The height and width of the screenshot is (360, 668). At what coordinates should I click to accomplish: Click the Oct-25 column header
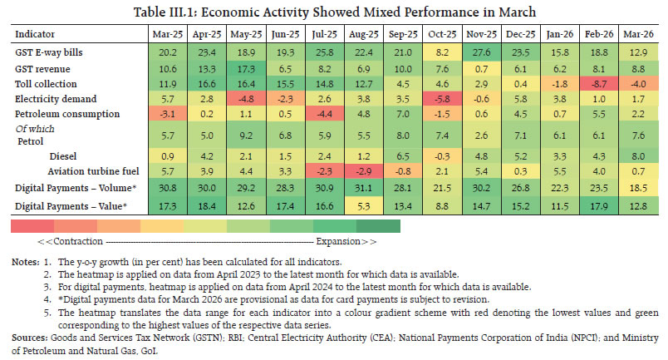(x=442, y=34)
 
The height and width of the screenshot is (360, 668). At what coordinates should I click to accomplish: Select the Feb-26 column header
(x=599, y=34)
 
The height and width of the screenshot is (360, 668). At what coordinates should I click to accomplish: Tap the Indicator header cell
(x=35, y=34)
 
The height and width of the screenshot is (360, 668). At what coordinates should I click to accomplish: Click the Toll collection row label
(x=46, y=84)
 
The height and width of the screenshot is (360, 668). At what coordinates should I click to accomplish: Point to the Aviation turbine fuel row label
(x=93, y=171)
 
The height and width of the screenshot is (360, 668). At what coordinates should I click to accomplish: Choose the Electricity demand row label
(x=56, y=99)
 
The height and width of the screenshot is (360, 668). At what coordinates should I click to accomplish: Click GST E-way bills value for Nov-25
(x=481, y=52)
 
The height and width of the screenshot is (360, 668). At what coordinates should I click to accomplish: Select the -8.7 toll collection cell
(x=599, y=84)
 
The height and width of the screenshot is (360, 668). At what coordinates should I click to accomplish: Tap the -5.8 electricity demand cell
(x=442, y=99)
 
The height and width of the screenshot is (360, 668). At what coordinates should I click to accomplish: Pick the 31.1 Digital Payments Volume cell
(x=363, y=188)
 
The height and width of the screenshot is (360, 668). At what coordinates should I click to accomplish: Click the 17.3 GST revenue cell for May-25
(x=246, y=69)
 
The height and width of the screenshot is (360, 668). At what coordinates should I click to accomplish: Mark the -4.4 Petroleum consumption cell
(x=324, y=114)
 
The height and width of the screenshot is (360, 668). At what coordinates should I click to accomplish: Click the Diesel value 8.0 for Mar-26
(x=638, y=156)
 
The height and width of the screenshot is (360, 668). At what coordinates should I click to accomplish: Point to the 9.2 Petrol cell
(x=246, y=136)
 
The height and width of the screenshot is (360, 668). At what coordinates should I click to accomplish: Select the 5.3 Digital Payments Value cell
(x=363, y=206)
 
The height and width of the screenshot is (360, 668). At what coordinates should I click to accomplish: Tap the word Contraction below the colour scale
(x=78, y=241)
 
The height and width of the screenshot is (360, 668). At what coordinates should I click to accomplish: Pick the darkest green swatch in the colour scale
(x=378, y=226)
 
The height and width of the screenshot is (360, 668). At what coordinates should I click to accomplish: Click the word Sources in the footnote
(x=29, y=338)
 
